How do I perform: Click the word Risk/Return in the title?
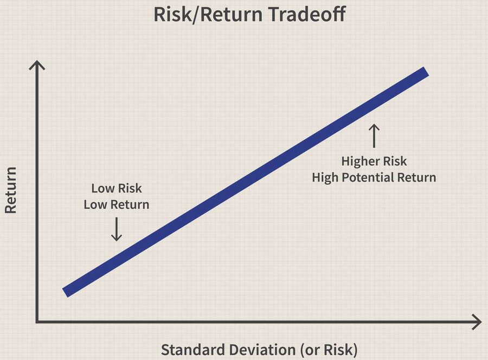click(208, 15)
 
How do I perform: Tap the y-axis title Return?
click(10, 190)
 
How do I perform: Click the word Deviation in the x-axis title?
click(262, 349)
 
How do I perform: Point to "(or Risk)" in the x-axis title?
click(329, 350)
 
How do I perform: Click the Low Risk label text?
click(117, 188)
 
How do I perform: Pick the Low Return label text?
click(117, 205)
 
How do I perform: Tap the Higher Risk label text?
click(374, 161)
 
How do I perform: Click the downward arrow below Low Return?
click(117, 229)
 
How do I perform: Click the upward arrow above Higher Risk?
click(374, 136)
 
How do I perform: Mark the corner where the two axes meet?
click(37, 322)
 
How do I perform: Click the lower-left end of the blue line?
click(65, 293)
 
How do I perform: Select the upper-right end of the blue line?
click(426, 71)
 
